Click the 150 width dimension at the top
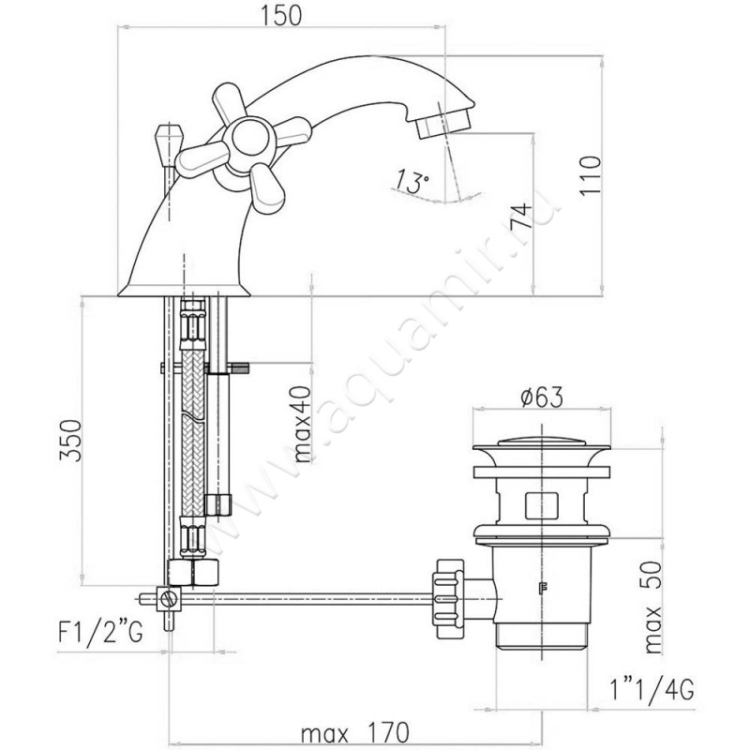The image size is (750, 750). (x=281, y=15)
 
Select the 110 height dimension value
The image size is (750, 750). (x=591, y=174)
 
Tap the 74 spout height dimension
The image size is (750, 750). (x=521, y=216)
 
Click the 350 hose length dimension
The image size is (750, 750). (x=70, y=440)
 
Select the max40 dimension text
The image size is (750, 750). (x=302, y=425)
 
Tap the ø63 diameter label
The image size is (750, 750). (x=542, y=397)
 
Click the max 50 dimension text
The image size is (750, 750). (x=652, y=607)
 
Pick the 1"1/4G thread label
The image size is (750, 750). (x=652, y=690)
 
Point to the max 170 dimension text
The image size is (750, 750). (x=355, y=732)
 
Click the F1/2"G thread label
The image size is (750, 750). (x=100, y=632)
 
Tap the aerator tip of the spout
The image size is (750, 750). (x=442, y=122)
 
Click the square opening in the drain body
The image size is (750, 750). (x=542, y=505)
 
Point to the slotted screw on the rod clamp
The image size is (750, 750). (x=170, y=598)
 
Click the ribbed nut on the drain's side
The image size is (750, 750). (x=448, y=598)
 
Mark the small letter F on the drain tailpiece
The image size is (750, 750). (x=543, y=588)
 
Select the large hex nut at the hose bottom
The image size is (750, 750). (x=194, y=572)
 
